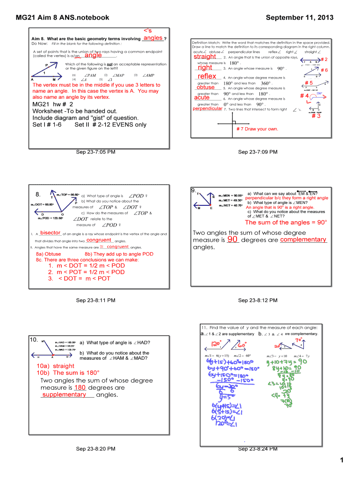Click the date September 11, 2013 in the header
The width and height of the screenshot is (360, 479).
299,18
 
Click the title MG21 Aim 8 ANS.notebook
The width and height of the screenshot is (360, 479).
63,18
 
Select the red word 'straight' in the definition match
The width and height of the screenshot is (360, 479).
205,57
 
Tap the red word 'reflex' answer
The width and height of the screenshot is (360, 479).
207,76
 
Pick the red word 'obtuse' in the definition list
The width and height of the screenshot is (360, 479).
206,87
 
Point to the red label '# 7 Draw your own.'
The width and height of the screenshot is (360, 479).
257,129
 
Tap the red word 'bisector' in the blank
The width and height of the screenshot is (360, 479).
50,233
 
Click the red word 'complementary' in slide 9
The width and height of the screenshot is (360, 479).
303,239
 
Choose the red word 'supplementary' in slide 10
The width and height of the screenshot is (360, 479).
64,394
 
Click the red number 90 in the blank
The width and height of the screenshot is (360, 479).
233,239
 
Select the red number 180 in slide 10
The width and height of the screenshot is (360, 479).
80,387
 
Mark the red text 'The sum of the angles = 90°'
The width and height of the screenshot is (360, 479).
286,223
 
